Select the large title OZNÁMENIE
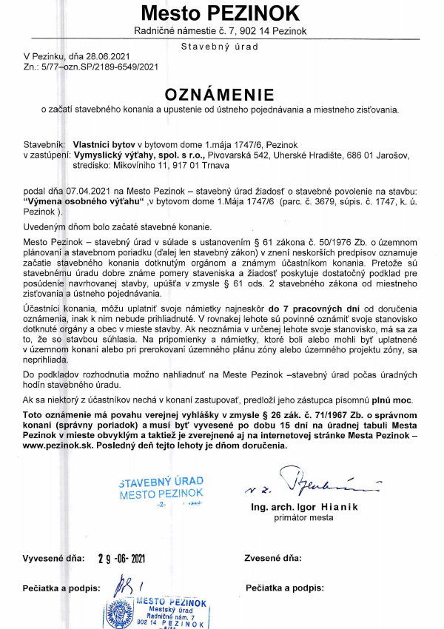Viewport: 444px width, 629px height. pyautogui.click(x=220, y=94)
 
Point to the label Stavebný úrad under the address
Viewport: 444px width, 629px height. pyautogui.click(x=220, y=46)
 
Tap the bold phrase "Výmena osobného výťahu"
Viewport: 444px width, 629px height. pyautogui.click(x=83, y=200)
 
